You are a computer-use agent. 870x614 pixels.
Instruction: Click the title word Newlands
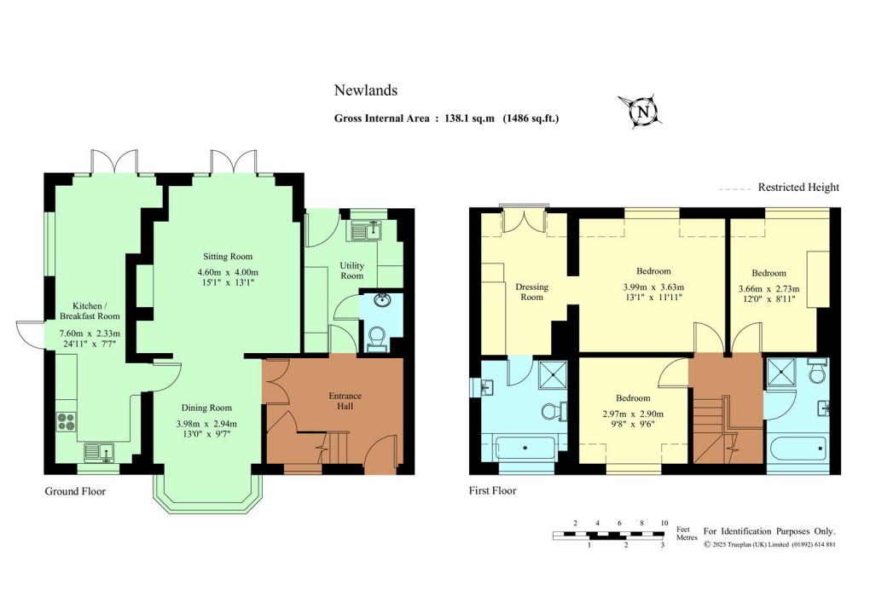coord(365,90)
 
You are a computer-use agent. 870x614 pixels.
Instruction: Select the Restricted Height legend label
coord(798,188)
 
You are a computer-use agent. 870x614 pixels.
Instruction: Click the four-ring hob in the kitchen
coord(67,420)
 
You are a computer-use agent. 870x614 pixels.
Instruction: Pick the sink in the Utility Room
coord(372,229)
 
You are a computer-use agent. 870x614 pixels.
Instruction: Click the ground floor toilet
coord(374,338)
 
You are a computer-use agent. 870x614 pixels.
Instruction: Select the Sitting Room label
coord(227,257)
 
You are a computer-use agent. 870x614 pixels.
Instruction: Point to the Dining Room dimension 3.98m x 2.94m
coord(206,424)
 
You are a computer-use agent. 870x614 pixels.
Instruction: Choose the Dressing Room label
coord(531,293)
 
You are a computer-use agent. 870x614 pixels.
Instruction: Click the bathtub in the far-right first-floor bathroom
coord(797,449)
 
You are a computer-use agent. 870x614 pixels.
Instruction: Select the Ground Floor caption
coord(75,491)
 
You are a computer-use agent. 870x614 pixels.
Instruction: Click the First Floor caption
coord(492,491)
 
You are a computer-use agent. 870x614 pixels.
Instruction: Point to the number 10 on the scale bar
coord(664,523)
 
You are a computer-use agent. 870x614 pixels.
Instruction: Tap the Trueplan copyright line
coord(768,544)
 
